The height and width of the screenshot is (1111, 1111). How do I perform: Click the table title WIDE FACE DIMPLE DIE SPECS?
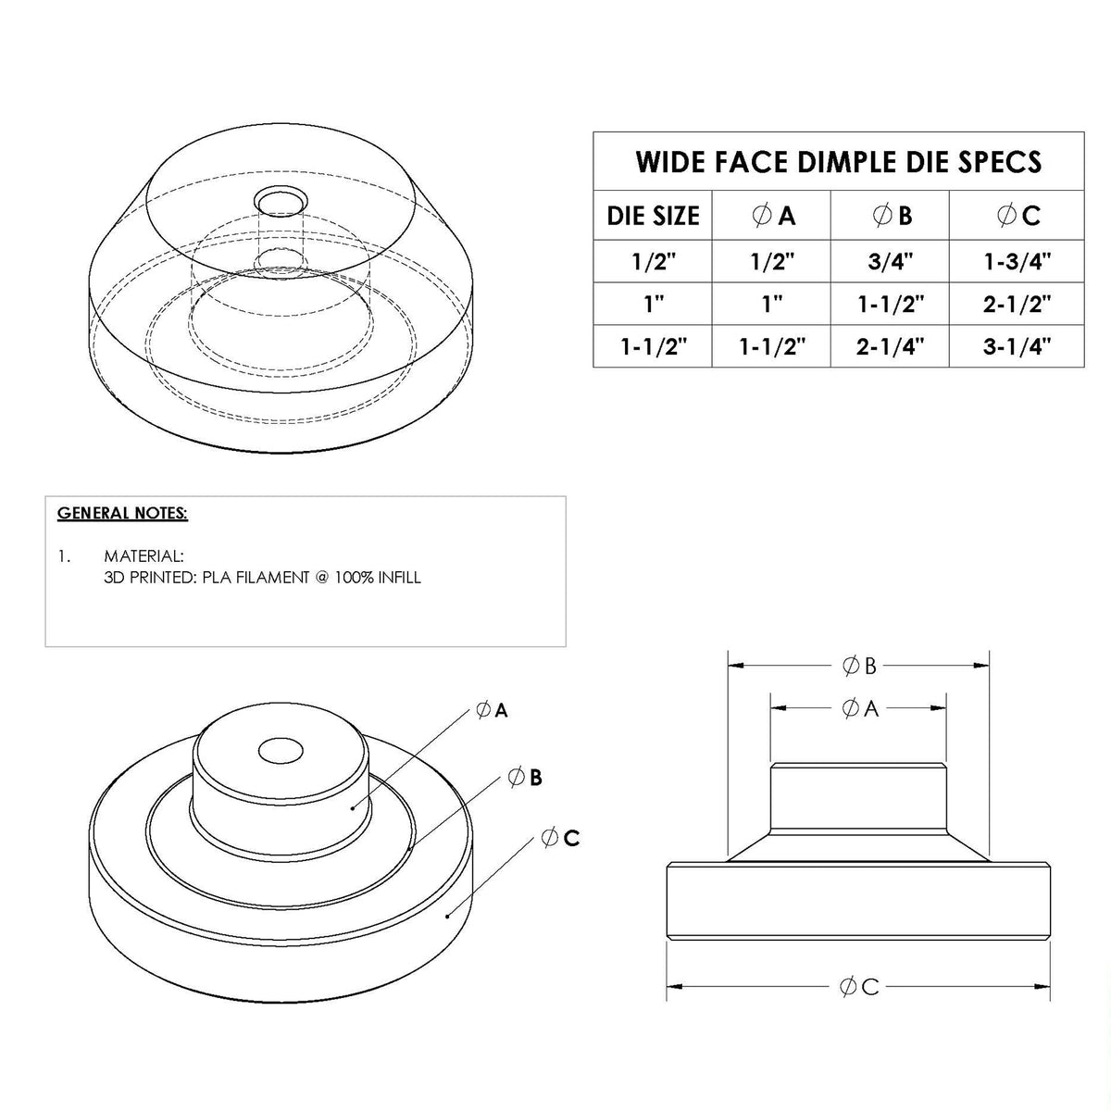(x=838, y=162)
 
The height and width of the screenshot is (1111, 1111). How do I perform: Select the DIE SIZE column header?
(x=653, y=216)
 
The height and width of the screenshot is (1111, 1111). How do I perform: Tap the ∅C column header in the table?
(x=1017, y=216)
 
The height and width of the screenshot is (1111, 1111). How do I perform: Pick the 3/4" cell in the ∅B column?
(x=890, y=261)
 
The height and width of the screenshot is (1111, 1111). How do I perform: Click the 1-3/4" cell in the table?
(x=1017, y=261)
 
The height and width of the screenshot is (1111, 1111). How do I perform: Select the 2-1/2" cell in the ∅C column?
(x=1017, y=304)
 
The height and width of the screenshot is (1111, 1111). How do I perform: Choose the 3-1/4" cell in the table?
(x=1017, y=347)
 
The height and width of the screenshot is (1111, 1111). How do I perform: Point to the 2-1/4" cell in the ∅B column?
(x=890, y=347)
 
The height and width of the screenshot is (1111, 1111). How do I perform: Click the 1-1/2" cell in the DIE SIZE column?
(x=653, y=347)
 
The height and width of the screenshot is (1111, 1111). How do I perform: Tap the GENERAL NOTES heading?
(x=122, y=513)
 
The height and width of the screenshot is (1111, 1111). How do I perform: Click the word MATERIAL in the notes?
(x=144, y=556)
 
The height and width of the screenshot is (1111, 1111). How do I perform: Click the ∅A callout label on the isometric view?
(x=492, y=711)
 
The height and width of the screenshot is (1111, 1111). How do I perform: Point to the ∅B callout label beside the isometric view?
(x=525, y=778)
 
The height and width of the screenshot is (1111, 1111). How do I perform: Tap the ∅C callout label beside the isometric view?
(x=559, y=838)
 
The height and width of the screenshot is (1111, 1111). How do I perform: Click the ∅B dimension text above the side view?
(x=859, y=665)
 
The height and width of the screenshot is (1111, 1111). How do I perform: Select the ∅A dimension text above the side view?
(x=859, y=708)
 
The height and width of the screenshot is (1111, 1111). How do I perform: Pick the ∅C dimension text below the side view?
(x=859, y=987)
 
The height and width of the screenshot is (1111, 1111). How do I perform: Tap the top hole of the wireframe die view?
(x=281, y=201)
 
